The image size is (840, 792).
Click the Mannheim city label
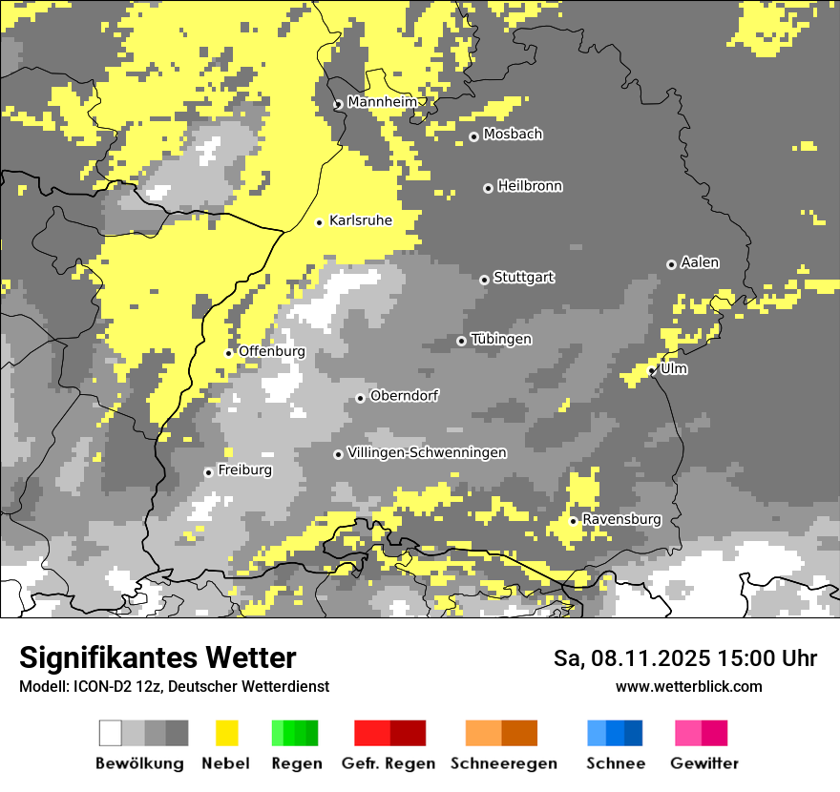click(x=382, y=102)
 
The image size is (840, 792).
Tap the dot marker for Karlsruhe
click(x=320, y=222)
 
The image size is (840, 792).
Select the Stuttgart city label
click(x=524, y=278)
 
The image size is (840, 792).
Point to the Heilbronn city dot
click(x=488, y=188)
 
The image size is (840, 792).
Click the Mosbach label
click(x=513, y=135)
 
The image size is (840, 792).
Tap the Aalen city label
click(x=700, y=262)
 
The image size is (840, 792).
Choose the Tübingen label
click(x=501, y=340)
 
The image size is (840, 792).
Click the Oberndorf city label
click(x=404, y=396)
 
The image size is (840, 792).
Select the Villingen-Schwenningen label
click(x=427, y=452)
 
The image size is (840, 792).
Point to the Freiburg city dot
click(x=208, y=472)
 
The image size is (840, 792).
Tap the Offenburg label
click(x=272, y=351)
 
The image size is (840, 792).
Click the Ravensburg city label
click(x=621, y=519)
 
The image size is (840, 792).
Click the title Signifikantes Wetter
click(x=157, y=658)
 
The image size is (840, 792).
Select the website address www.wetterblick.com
click(x=688, y=686)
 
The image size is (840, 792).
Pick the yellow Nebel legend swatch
click(x=227, y=733)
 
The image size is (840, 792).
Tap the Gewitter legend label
click(x=704, y=763)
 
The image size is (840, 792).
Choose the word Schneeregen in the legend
click(x=504, y=763)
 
